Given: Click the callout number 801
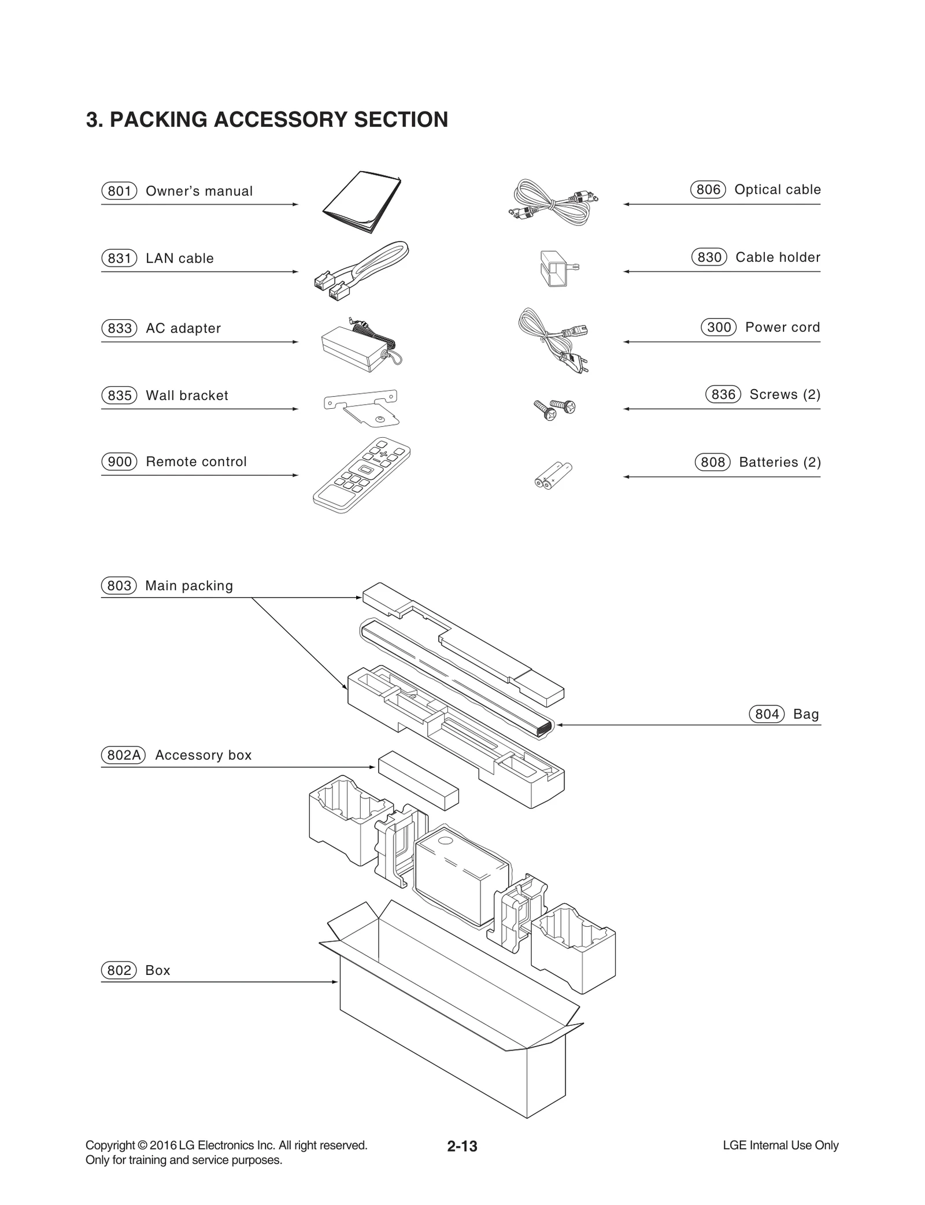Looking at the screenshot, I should click(x=119, y=191).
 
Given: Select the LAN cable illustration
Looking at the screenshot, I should click(x=361, y=269).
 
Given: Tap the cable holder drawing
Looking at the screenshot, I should click(x=556, y=268).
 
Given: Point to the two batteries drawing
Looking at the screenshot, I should click(x=553, y=475).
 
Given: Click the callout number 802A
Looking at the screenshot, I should click(x=123, y=755).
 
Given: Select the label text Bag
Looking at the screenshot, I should click(x=806, y=714).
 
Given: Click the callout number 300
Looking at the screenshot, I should click(x=719, y=327).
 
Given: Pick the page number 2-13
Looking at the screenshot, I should click(x=462, y=1146).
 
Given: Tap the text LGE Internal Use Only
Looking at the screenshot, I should click(x=780, y=1145).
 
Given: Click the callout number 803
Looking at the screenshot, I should click(x=119, y=586).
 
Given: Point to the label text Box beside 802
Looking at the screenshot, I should click(x=158, y=970).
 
